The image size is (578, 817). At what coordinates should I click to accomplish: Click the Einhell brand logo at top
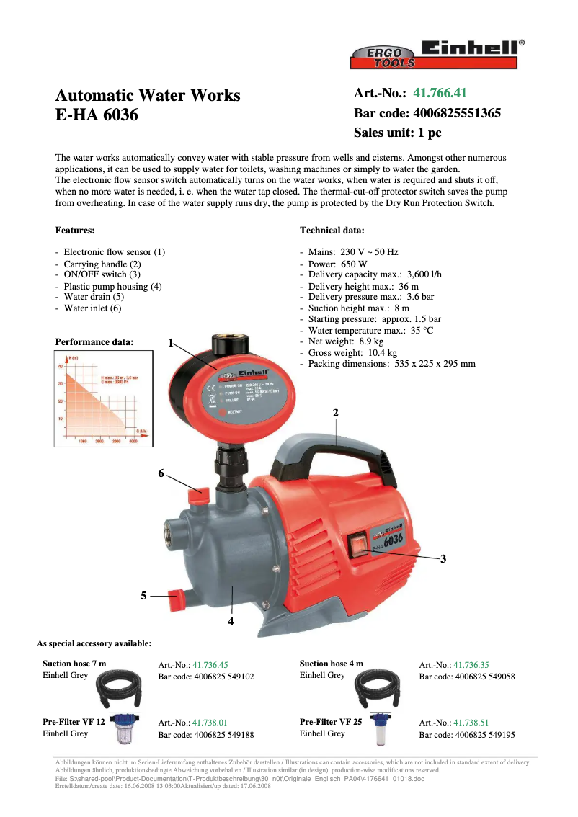(x=470, y=48)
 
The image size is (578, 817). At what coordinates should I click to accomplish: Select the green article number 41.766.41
(x=440, y=94)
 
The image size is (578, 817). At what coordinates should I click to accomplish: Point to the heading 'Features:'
(x=75, y=231)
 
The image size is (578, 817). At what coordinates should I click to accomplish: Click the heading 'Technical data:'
(x=332, y=231)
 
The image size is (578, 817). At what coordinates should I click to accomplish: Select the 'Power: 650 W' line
(x=337, y=264)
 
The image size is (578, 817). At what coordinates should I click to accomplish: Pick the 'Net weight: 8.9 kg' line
(x=345, y=341)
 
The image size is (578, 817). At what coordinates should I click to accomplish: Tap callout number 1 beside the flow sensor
(x=171, y=343)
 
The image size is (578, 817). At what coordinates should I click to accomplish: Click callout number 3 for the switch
(x=443, y=558)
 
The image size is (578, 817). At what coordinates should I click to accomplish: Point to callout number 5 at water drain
(x=144, y=596)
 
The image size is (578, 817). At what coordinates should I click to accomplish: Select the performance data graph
(x=103, y=398)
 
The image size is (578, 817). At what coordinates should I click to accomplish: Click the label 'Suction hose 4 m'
(x=332, y=664)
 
